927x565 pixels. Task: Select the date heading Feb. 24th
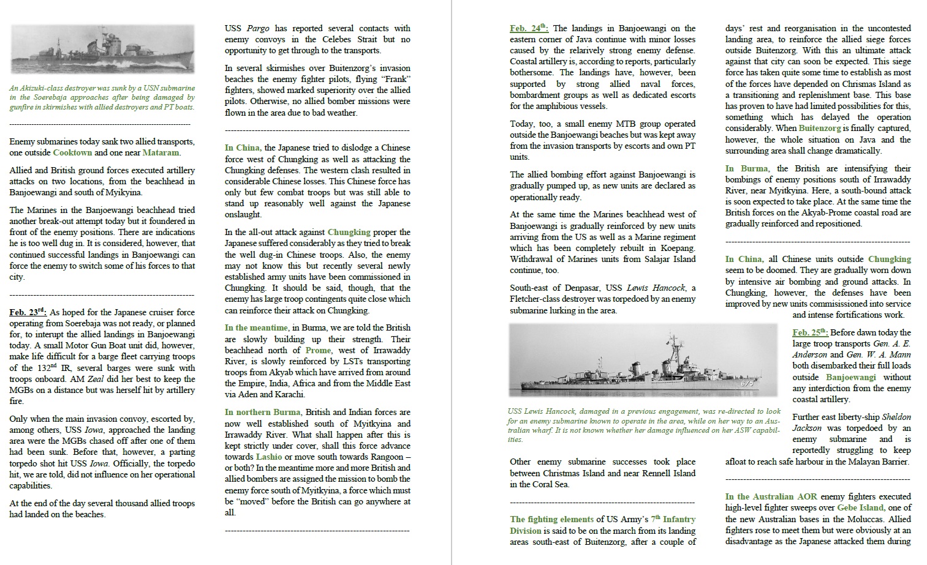coord(529,28)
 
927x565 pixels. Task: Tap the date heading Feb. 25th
coord(809,332)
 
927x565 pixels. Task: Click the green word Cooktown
coord(72,152)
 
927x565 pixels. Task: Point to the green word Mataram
coord(161,152)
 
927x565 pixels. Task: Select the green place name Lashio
coord(269,457)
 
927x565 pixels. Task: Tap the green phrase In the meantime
coord(255,327)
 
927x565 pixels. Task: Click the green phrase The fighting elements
coord(551,519)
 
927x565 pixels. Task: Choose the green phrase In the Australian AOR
coord(771,496)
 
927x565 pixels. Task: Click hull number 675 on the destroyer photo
coord(746,383)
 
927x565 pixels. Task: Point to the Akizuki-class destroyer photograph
coord(102,49)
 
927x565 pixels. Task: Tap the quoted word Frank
coord(396,79)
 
